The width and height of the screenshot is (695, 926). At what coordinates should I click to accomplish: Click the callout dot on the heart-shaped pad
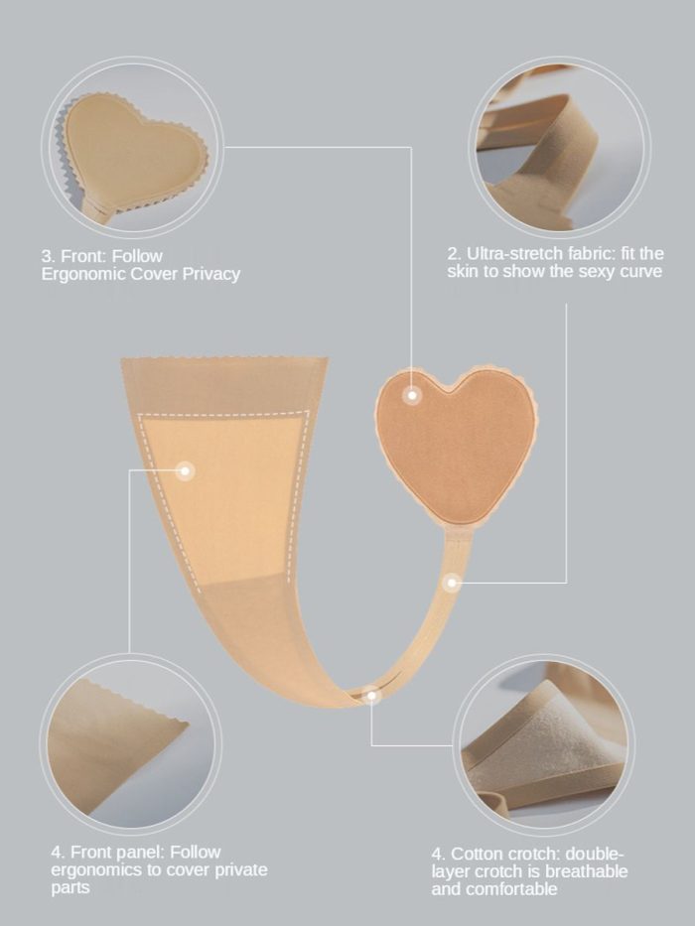(x=412, y=395)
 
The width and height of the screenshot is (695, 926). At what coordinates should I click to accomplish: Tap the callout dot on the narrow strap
(x=452, y=583)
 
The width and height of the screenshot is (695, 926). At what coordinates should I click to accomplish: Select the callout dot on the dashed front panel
(x=185, y=470)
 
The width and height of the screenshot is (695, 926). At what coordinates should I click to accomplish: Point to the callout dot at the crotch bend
(x=371, y=696)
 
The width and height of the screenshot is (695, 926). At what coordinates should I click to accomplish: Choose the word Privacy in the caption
(x=210, y=274)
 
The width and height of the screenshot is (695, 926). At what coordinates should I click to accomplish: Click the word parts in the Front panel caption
(x=70, y=888)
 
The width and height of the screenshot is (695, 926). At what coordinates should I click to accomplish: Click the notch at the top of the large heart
(x=454, y=390)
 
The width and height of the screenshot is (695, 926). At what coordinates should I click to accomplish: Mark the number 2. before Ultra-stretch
(x=454, y=254)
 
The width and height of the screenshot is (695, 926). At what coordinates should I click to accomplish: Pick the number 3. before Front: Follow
(x=48, y=256)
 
